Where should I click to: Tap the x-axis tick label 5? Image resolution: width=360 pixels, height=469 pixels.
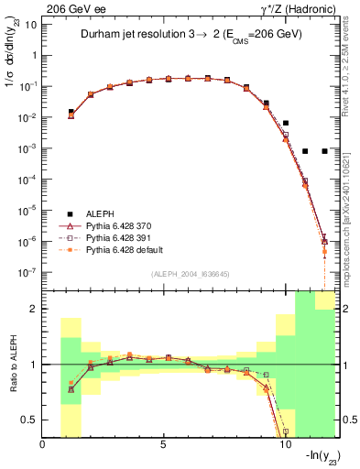pyautogui.click(x=164, y=446)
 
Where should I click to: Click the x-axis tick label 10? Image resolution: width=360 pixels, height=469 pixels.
pyautogui.click(x=285, y=446)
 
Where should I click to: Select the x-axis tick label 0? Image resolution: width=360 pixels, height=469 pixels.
pyautogui.click(x=43, y=446)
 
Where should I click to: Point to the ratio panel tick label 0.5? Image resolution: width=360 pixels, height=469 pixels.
pyautogui.click(x=29, y=420)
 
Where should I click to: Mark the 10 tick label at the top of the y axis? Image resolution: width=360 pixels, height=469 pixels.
pyautogui.click(x=30, y=24)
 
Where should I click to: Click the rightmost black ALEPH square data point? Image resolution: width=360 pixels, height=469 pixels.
pyautogui.click(x=324, y=151)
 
